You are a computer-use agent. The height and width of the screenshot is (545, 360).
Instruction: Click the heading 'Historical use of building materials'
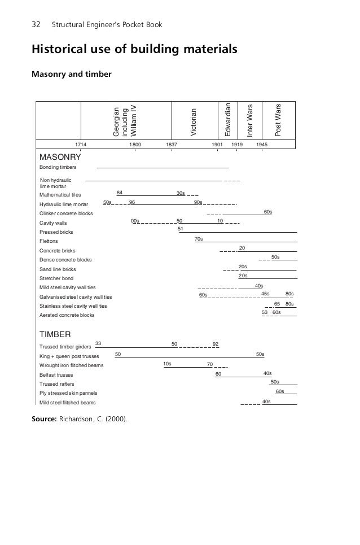point(134,50)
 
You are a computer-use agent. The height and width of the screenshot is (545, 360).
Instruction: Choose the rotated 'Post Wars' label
point(277,120)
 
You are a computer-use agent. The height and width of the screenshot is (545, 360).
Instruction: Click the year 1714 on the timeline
point(82,145)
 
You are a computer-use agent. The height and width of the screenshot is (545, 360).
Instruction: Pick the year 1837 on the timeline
point(172,145)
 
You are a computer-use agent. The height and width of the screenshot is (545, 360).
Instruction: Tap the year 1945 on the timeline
point(262,145)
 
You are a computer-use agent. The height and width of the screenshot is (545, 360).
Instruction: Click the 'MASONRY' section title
point(60,156)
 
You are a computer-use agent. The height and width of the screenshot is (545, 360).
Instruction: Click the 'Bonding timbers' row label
point(58,168)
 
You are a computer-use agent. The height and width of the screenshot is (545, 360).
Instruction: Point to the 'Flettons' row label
point(49,241)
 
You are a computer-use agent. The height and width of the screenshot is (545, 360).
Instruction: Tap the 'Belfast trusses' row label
point(56,374)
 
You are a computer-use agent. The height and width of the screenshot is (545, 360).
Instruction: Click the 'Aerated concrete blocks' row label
point(67,315)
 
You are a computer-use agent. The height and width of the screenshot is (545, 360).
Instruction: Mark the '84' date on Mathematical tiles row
point(120,193)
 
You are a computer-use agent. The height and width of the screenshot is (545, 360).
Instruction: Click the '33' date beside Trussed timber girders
point(98,343)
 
